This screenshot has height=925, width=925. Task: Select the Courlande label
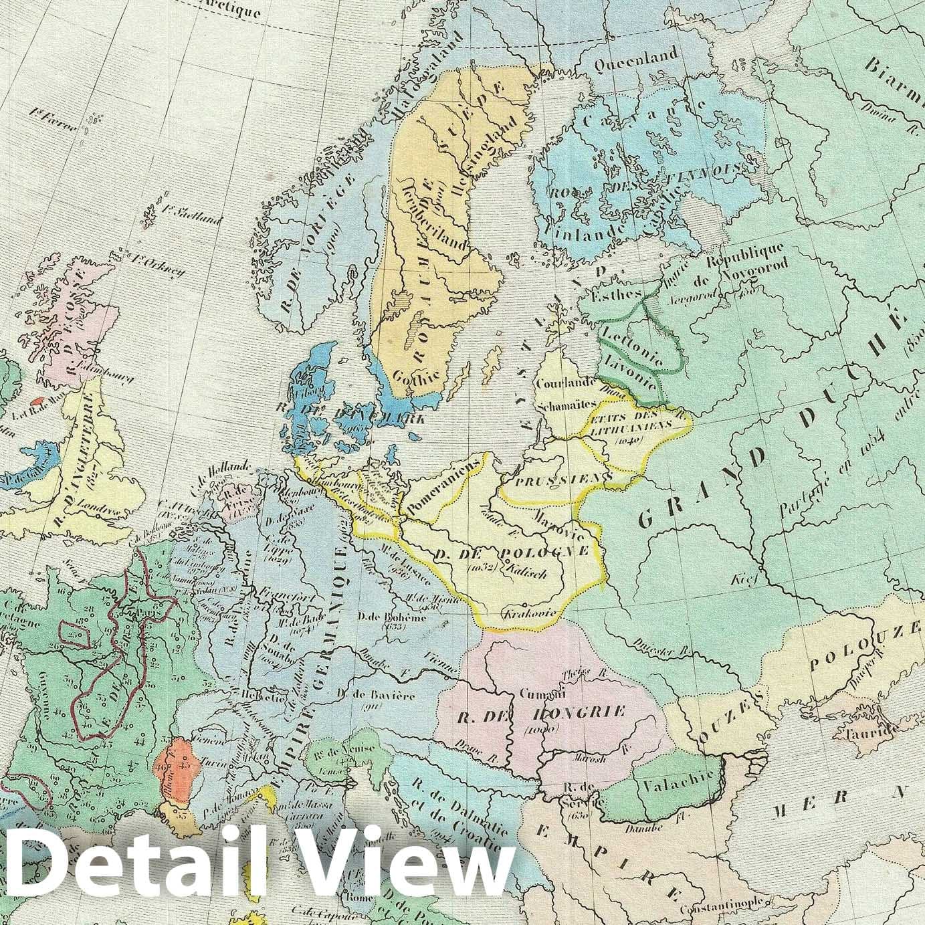(565, 383)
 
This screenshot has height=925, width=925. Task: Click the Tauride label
(869, 732)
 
